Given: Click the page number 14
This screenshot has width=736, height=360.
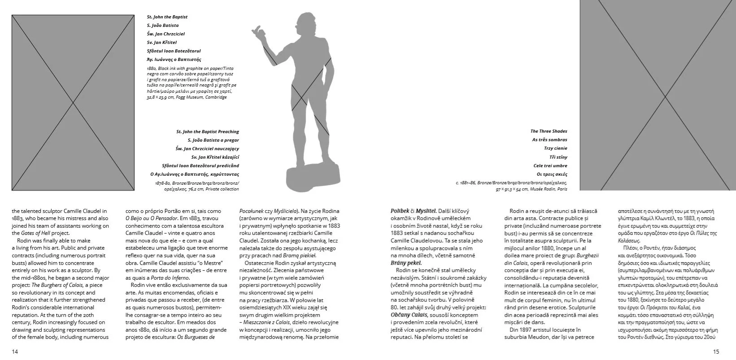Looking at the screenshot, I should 15,351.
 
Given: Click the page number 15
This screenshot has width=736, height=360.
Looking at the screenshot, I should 716,351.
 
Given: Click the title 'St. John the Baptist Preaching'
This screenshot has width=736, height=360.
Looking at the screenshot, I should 207,132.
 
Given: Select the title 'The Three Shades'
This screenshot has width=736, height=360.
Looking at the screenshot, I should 549,131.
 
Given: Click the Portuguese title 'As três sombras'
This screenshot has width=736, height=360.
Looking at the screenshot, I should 549,140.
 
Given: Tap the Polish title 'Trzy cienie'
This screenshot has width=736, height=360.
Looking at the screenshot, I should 556,148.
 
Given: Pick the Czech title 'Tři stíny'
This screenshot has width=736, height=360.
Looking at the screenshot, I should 558,157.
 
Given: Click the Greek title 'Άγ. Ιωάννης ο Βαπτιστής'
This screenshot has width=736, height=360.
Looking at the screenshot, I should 174,59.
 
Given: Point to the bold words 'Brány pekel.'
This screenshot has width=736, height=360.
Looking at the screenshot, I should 406,263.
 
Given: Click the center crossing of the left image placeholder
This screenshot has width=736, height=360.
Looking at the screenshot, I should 73,103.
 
